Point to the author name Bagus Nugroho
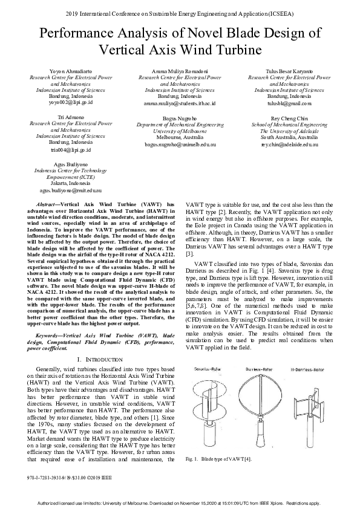(180, 118)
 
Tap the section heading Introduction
(100, 360)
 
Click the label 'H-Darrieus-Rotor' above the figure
(311, 369)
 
